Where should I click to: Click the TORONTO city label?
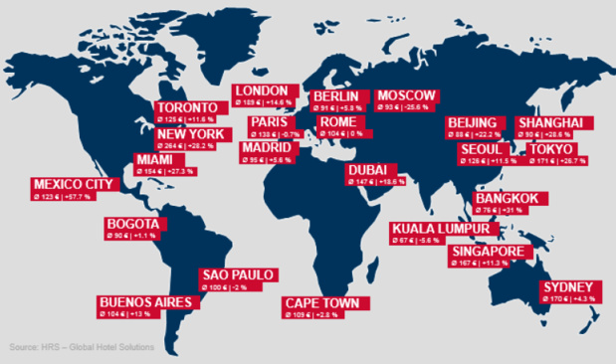point(187,107)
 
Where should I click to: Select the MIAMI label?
point(154,159)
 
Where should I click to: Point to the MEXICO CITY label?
point(73,184)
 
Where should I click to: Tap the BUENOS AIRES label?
point(137,301)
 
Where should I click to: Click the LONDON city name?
point(262,91)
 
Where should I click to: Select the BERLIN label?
point(327,96)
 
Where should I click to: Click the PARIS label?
point(269,122)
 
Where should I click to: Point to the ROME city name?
point(330,121)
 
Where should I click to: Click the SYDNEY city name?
point(567,286)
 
